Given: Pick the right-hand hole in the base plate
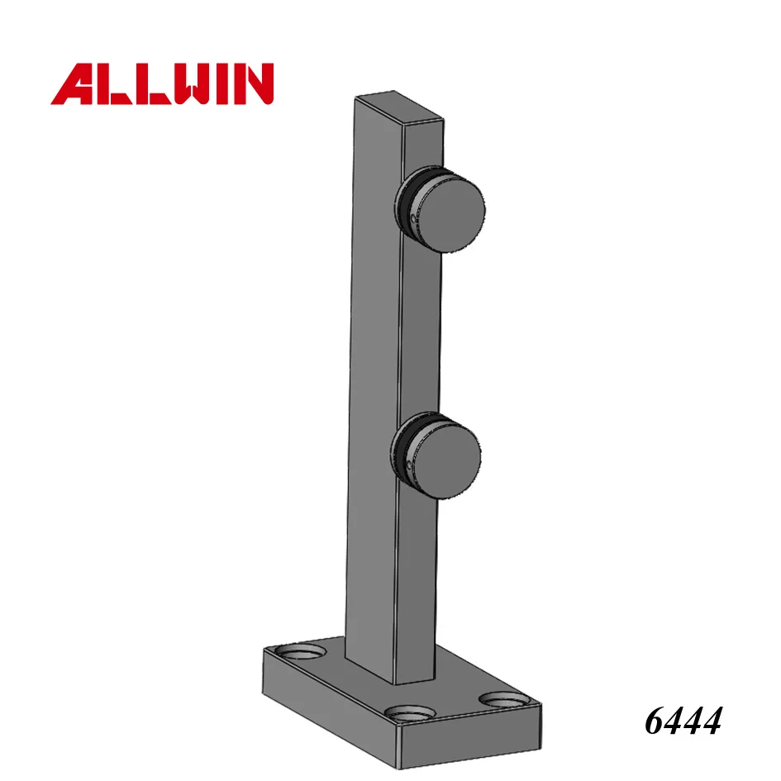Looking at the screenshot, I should [502, 699].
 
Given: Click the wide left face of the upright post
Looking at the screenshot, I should [375, 372].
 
